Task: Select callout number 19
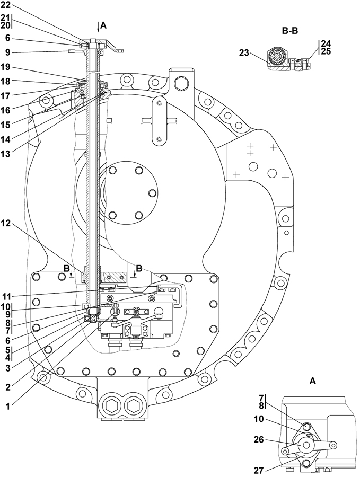pyautogui.click(x=7, y=67)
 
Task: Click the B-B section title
pyautogui.click(x=289, y=31)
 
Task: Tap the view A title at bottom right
pyautogui.click(x=313, y=381)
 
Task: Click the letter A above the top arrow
pyautogui.click(x=103, y=25)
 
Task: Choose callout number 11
pyautogui.click(x=7, y=296)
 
